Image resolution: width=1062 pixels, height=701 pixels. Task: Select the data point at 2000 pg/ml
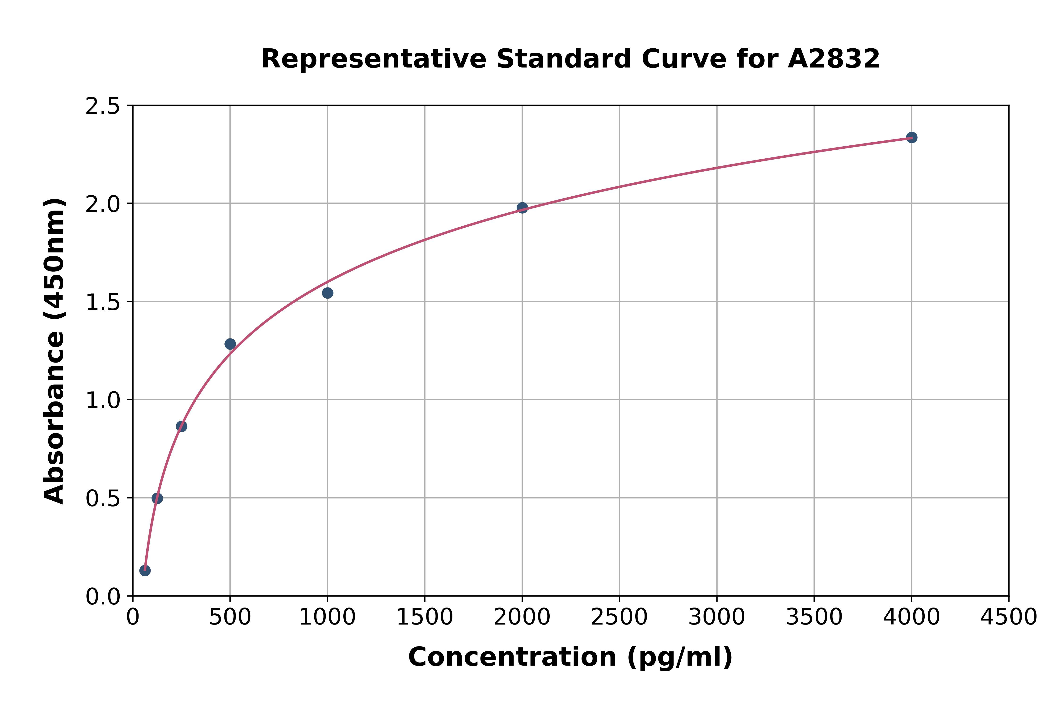click(x=522, y=207)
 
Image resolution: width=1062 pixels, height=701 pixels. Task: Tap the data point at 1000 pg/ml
click(x=328, y=293)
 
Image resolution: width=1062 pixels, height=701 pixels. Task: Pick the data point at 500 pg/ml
click(x=230, y=344)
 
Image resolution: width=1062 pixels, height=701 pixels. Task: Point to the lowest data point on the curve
click(x=145, y=570)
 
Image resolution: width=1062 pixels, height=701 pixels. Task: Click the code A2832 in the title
click(x=834, y=59)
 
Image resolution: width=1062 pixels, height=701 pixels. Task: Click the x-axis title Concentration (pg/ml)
click(x=570, y=657)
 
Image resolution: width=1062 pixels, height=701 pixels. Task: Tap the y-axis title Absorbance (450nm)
click(x=55, y=351)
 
